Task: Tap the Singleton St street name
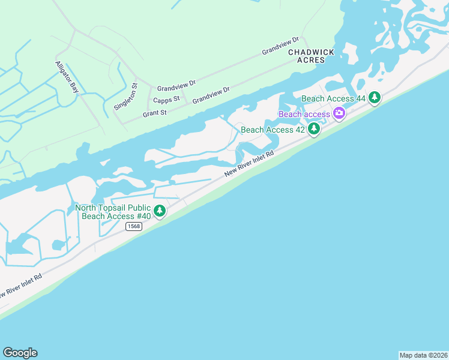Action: tap(126, 97)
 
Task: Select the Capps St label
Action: tap(166, 100)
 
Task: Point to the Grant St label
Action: tap(154, 113)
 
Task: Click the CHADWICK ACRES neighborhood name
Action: tap(311, 56)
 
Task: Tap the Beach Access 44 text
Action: tap(334, 98)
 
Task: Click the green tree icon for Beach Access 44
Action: tap(375, 97)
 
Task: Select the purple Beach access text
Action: tap(304, 114)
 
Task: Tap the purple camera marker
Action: tap(339, 113)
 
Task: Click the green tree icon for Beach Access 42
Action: tap(313, 129)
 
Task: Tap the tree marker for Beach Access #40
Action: tap(160, 211)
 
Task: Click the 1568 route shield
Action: tap(134, 226)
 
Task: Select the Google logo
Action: tap(20, 353)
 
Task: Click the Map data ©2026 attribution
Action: tap(423, 355)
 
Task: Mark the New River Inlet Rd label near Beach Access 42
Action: tap(249, 163)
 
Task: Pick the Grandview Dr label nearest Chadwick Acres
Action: tap(280, 46)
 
